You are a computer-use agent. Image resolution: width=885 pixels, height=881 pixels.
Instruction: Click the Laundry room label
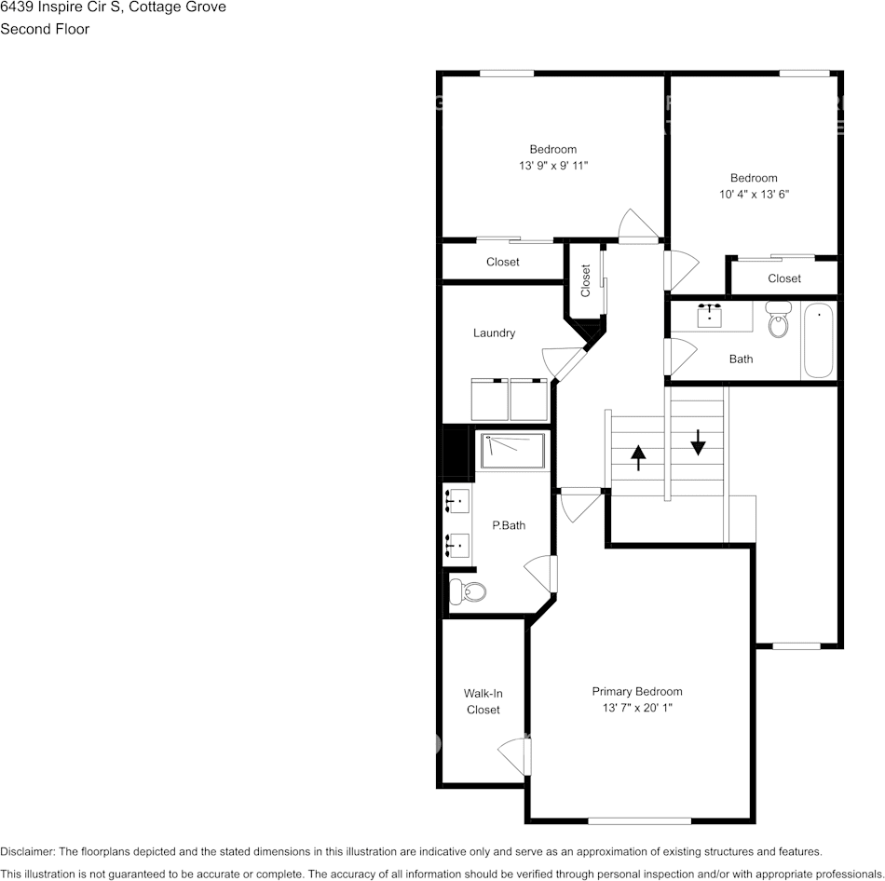click(494, 333)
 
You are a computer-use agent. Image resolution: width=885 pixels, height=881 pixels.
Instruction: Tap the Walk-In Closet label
click(483, 701)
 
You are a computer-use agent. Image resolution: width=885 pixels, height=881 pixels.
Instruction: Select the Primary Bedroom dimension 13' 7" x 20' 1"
click(637, 709)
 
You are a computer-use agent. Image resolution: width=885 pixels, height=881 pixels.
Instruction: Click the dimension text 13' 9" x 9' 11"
click(553, 166)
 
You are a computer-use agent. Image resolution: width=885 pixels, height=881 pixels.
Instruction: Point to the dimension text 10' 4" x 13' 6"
click(754, 195)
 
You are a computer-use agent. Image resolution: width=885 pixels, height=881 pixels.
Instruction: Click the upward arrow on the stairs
click(638, 457)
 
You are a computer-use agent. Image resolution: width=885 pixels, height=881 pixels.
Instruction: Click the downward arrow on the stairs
click(698, 441)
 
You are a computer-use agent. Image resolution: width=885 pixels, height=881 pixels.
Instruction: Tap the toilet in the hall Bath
click(778, 319)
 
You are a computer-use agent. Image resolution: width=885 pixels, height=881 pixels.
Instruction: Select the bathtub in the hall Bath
click(819, 340)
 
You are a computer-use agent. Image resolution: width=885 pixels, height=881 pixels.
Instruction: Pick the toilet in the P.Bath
click(468, 591)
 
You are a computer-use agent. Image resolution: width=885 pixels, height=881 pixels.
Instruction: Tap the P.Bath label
click(509, 525)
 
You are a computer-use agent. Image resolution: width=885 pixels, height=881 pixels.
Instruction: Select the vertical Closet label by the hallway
click(586, 280)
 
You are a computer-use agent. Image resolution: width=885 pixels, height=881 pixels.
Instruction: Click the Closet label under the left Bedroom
click(503, 262)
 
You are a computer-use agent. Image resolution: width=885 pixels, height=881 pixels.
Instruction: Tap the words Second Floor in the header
click(45, 29)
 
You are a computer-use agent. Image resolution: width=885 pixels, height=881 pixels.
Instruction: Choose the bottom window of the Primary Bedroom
click(639, 820)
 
